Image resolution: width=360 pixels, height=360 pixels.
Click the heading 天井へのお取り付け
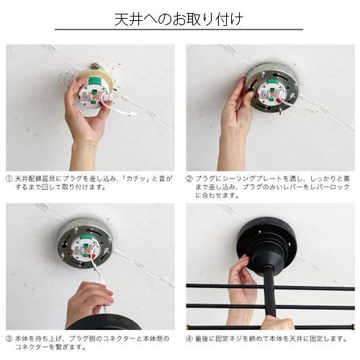tap(179, 19)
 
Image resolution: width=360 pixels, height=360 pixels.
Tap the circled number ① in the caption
tap(9, 179)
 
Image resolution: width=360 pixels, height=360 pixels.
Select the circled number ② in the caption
tap(189, 179)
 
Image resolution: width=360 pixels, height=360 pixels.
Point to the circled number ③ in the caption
tap(9, 339)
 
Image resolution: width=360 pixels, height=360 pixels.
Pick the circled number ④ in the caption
tap(189, 339)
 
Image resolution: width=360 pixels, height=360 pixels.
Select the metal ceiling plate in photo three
tap(85, 243)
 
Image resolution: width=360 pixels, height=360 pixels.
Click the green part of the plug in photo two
tap(271, 81)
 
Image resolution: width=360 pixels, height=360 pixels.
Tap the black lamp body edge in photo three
tap(103, 322)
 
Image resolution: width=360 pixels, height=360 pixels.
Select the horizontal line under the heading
tap(179, 30)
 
